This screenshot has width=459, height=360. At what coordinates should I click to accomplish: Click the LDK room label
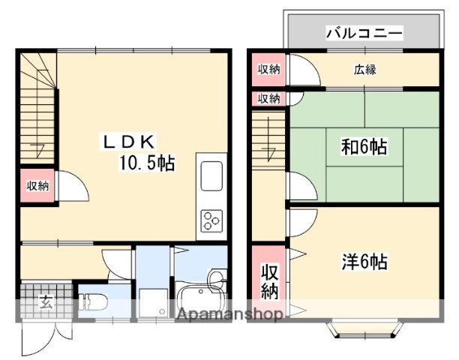[128, 141]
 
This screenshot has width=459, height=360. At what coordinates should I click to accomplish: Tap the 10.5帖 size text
[145, 162]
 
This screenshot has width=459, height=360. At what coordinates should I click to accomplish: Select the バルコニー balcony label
[364, 33]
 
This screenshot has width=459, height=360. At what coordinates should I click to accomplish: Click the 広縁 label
[365, 70]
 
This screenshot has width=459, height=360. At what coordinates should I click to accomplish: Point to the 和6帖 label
[364, 147]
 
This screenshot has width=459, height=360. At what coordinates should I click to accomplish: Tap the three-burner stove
[211, 220]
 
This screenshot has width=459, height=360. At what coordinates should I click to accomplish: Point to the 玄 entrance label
[46, 303]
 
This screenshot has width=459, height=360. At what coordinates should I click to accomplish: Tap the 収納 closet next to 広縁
[268, 70]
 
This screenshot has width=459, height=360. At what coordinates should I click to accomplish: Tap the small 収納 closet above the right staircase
[268, 98]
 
